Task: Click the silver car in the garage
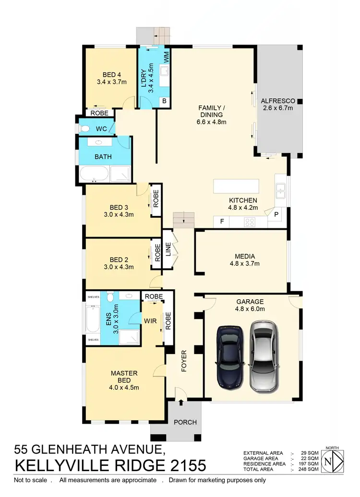[x=264, y=355]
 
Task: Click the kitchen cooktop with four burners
[x=250, y=222]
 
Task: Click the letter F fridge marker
[x=221, y=222]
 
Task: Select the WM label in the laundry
[x=166, y=57]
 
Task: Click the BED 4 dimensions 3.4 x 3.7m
[x=111, y=82]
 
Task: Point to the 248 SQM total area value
[x=310, y=469]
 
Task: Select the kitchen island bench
[x=236, y=186]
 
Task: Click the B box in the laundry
[x=164, y=101]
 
